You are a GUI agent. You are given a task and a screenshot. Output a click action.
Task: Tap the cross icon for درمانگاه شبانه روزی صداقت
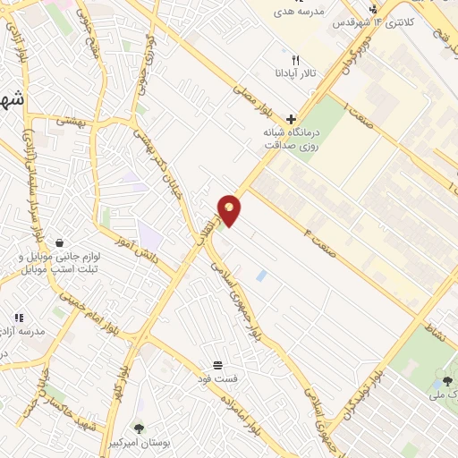(291, 118)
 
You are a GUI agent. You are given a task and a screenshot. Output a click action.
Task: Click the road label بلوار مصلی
(250, 98)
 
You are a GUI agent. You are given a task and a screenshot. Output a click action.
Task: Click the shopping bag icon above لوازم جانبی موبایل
(59, 242)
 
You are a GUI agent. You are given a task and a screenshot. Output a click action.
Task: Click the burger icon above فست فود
(218, 364)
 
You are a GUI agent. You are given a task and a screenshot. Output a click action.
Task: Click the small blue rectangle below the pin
(260, 276)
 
